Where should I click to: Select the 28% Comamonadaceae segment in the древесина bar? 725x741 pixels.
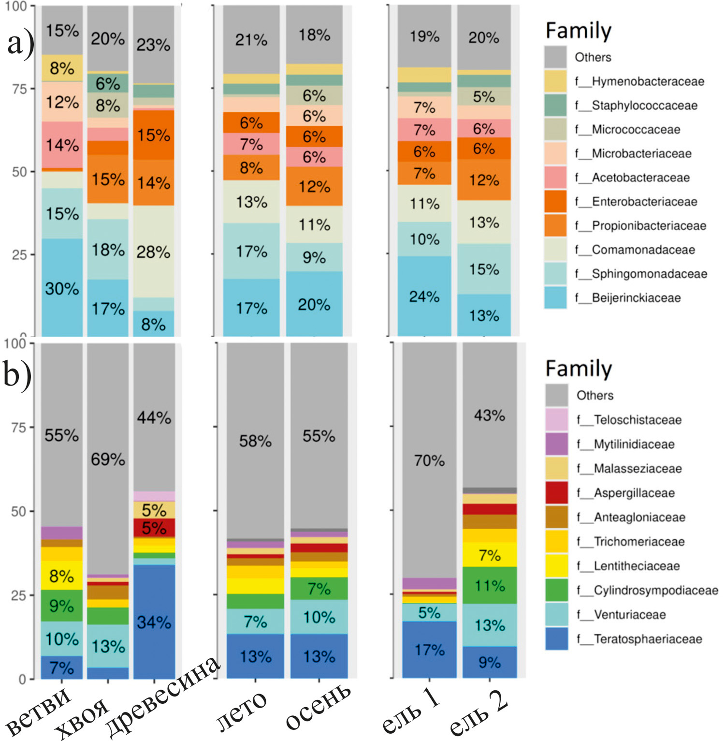coord(154,252)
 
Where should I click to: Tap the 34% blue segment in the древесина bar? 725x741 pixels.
coord(154,622)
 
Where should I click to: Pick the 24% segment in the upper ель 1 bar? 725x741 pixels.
coord(424,296)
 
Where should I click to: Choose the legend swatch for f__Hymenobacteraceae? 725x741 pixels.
coord(555,81)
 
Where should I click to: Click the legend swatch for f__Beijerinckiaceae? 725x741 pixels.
coord(555,297)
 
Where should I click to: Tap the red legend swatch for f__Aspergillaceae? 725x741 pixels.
coord(557,493)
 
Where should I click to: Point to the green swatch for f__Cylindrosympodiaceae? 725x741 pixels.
coord(557,590)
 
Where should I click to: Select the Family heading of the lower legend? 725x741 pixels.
coord(579,369)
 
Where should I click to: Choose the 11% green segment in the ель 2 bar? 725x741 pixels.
coord(490,585)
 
